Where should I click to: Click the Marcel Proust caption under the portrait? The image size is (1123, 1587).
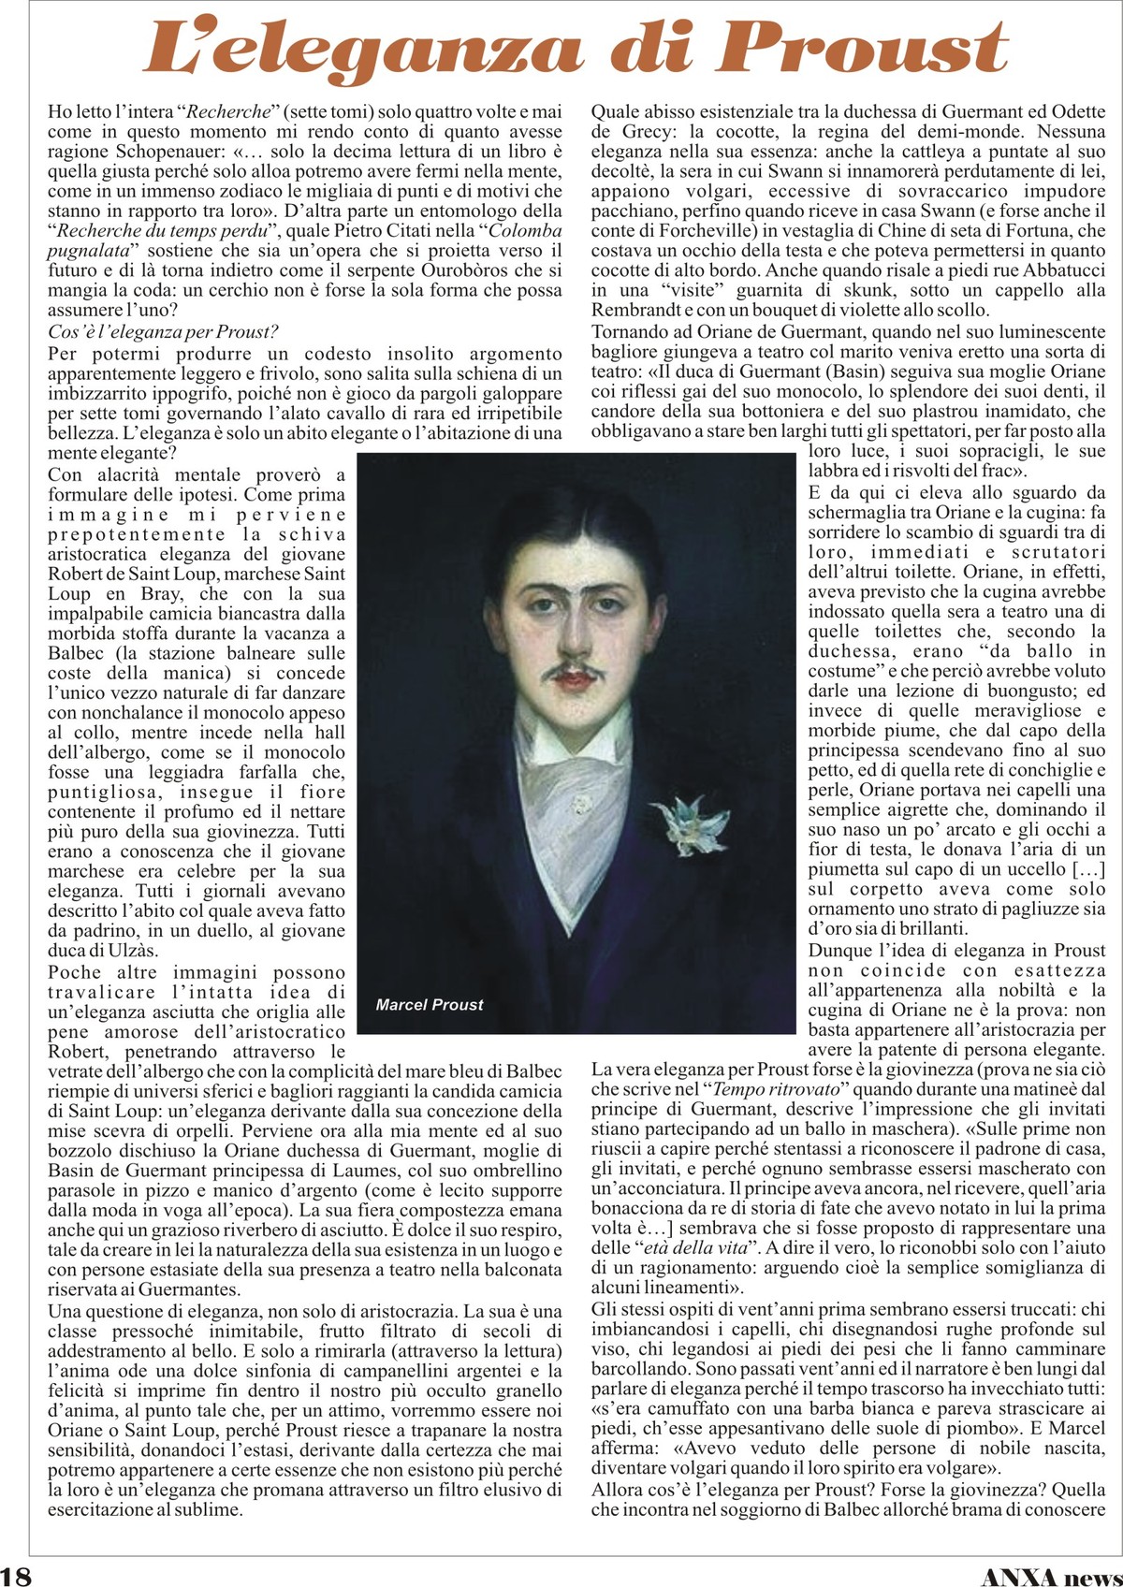click(430, 1005)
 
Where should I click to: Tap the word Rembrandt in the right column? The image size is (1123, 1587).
click(636, 310)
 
